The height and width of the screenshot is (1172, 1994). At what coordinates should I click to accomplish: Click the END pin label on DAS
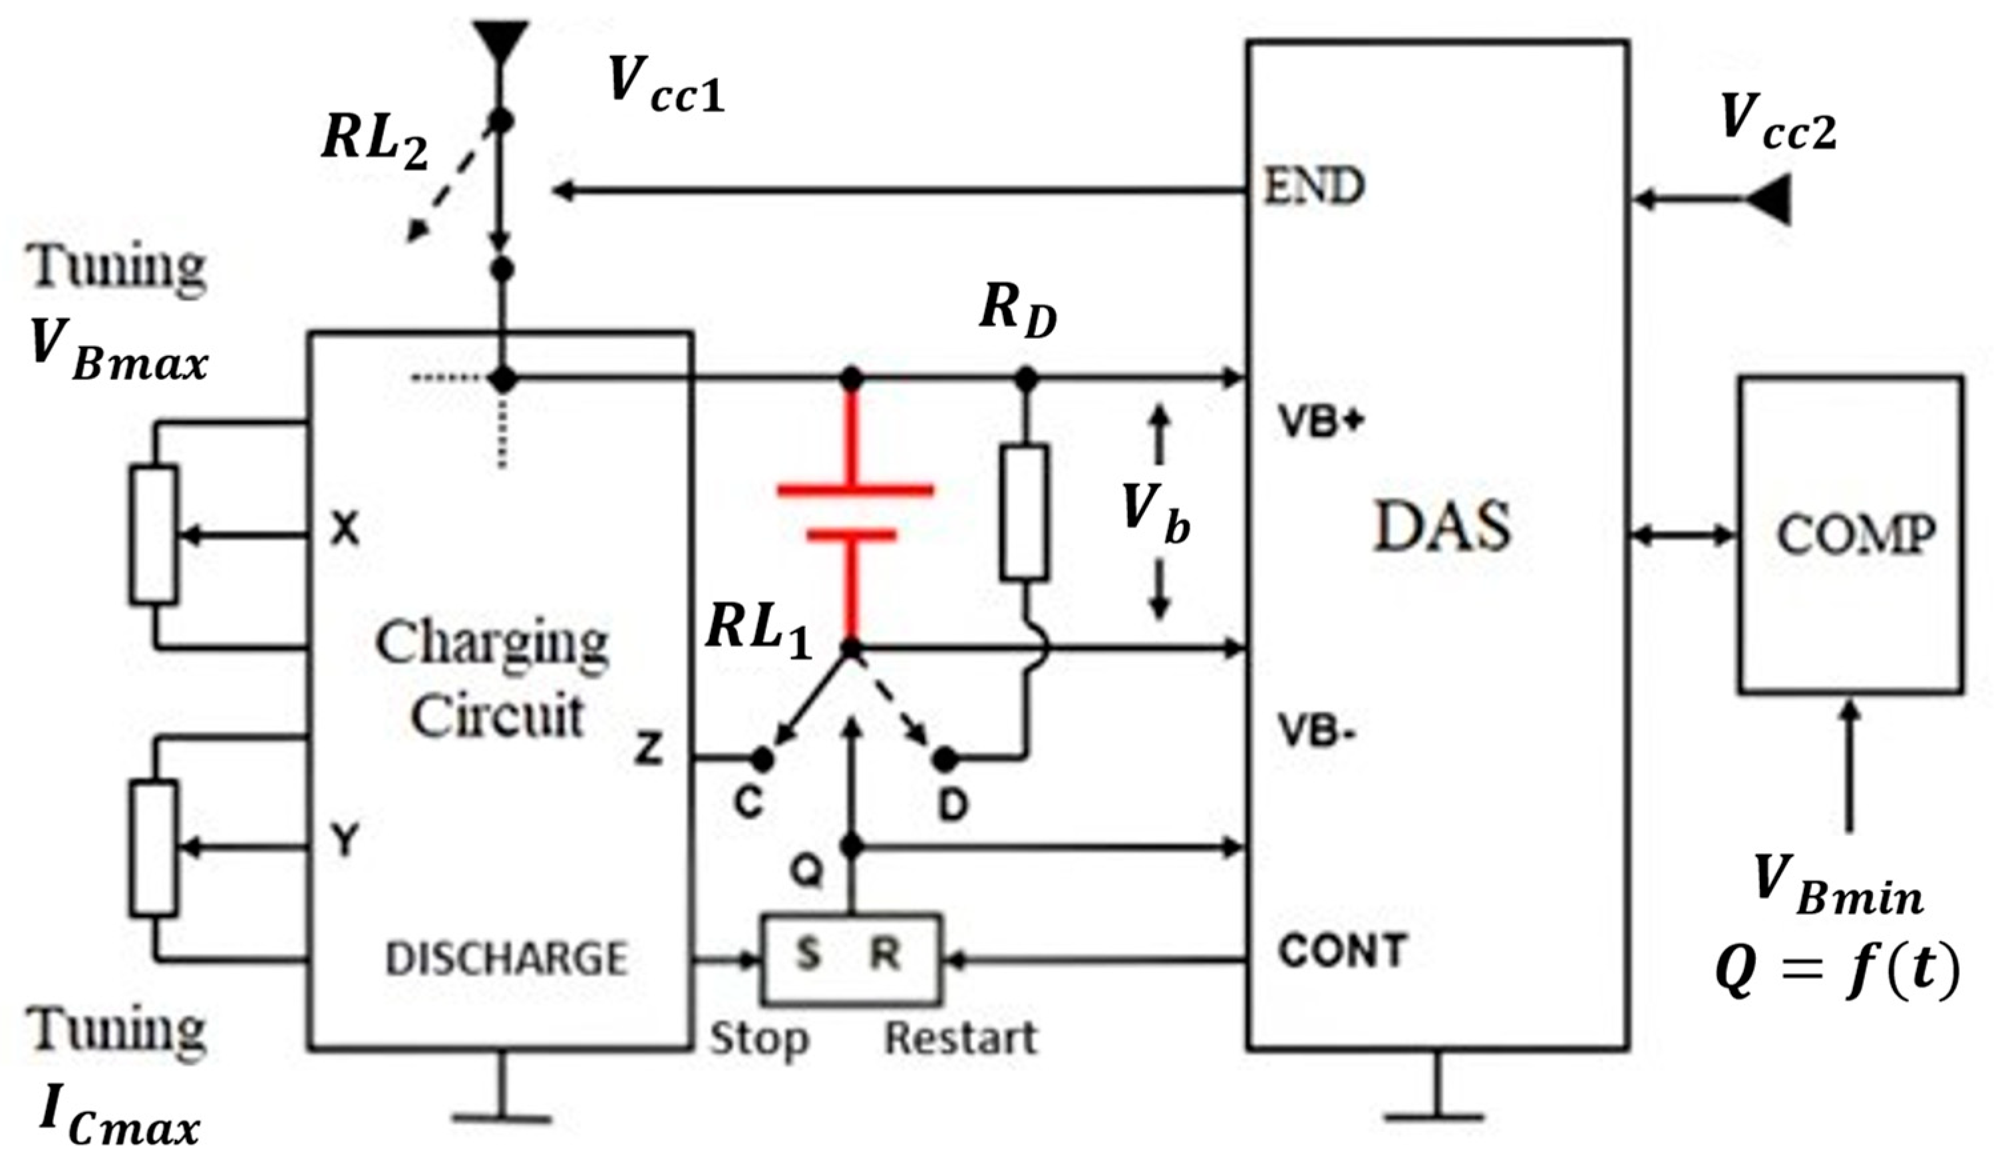(x=1313, y=187)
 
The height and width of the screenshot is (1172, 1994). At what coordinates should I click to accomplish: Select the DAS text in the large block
(x=1442, y=527)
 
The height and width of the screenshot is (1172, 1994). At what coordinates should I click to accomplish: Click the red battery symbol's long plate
(x=854, y=490)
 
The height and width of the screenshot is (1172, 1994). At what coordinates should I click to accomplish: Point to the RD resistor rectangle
(x=1024, y=512)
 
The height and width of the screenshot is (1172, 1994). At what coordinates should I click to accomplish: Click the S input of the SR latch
(x=807, y=956)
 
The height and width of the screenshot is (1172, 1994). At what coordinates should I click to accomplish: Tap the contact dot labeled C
(x=761, y=759)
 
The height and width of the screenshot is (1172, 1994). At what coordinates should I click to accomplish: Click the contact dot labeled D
(x=943, y=759)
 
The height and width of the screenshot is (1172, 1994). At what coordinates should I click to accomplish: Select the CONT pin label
(x=1342, y=950)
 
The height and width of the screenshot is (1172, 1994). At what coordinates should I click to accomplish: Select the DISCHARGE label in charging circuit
(x=506, y=958)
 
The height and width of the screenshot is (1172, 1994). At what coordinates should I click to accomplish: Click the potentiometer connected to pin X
(x=154, y=536)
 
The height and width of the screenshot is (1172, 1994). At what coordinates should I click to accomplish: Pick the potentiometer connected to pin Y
(x=154, y=849)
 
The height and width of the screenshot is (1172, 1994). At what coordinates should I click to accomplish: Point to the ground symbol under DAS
(x=1434, y=1116)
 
